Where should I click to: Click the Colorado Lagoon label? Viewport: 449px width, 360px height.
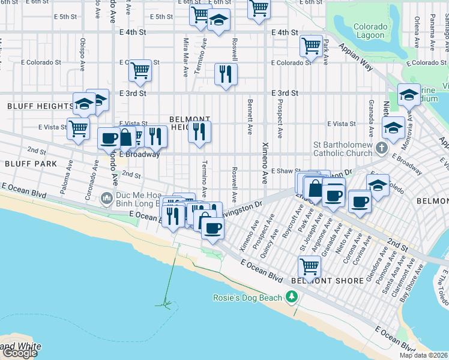[369, 31]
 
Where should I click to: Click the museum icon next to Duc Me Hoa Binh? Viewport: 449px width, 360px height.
[107, 197]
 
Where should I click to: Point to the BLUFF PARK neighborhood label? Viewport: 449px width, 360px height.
[31, 163]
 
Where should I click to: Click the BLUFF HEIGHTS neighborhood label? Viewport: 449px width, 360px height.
[40, 106]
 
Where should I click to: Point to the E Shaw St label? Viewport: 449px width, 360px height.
[285, 171]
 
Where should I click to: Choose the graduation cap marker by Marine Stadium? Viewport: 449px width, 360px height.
[409, 95]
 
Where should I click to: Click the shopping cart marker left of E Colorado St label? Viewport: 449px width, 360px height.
[140, 70]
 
